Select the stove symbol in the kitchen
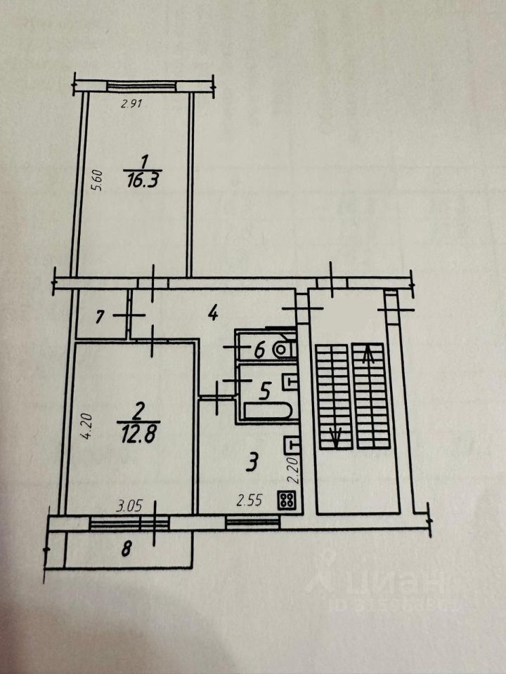click(287, 500)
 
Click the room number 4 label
click(212, 313)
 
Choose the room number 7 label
click(100, 317)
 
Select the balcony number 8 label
click(126, 550)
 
